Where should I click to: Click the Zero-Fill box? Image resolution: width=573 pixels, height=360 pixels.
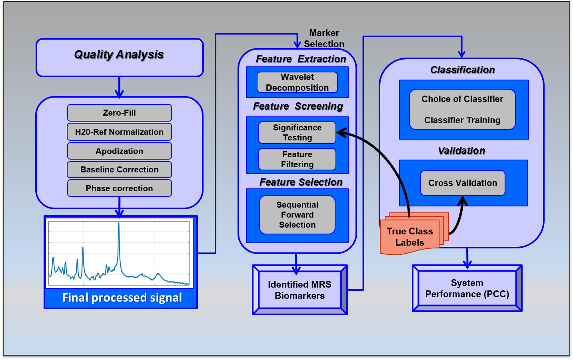coord(119,113)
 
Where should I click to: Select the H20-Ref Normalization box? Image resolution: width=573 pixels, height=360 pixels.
coord(119,132)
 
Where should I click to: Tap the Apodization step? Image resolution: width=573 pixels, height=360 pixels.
coord(119,151)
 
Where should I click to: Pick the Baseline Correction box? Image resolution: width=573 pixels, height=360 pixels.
coord(119,170)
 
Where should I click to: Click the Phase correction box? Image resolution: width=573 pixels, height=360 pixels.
coord(119,188)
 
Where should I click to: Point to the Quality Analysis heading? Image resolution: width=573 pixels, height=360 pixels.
coord(119,55)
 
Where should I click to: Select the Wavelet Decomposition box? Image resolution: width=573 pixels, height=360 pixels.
coord(297,82)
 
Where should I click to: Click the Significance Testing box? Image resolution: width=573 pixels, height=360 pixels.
coord(297,132)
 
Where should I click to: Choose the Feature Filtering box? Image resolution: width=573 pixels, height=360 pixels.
coord(297,159)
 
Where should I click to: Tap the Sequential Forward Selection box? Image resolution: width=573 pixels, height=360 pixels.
coord(297,215)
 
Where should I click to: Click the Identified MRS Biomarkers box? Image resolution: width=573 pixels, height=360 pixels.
coord(299,290)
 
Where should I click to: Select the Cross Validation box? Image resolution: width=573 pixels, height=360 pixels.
coord(463,183)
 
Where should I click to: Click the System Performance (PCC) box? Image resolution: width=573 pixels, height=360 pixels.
coord(467,288)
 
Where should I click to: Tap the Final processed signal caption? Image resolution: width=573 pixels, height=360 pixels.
coord(122,298)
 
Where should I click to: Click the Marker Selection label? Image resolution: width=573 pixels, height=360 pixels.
coord(324,38)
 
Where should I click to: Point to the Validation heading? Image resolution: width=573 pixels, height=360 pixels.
coord(461,151)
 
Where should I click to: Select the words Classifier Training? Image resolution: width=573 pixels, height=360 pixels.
coord(462,120)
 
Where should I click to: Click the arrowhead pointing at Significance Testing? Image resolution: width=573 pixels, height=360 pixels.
coord(340,132)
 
